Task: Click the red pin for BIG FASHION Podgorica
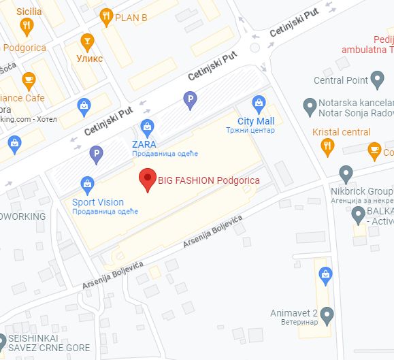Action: (x=147, y=180)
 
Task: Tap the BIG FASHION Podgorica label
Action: (x=208, y=180)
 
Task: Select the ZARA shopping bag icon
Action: (x=147, y=127)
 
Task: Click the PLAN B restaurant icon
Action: (x=106, y=16)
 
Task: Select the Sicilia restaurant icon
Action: (x=27, y=27)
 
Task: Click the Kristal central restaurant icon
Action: (x=328, y=146)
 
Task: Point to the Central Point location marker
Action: (x=378, y=80)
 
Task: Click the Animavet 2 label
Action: (x=293, y=312)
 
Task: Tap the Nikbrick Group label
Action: (x=362, y=191)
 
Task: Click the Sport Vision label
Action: (x=98, y=202)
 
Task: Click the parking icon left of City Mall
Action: (x=191, y=101)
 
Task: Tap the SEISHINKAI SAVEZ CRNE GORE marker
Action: (x=2, y=340)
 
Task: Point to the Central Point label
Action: (x=341, y=80)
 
